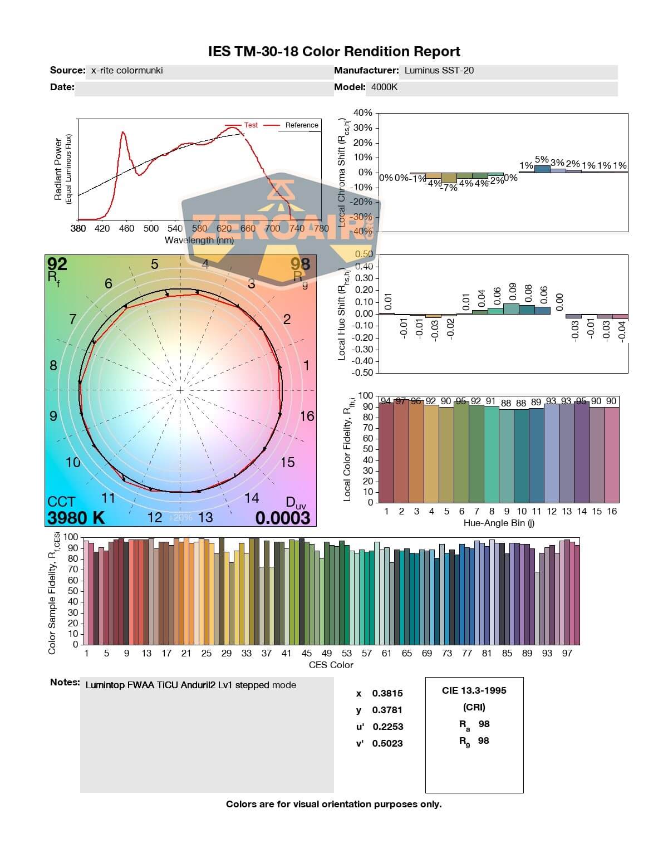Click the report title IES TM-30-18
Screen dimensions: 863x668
tap(334, 52)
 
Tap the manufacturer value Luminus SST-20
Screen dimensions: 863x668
tap(439, 71)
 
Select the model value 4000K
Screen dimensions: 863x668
tap(385, 87)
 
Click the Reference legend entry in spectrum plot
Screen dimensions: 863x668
tap(301, 125)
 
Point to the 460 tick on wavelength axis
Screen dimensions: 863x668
tap(126, 228)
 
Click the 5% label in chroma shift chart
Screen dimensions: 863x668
tap(542, 159)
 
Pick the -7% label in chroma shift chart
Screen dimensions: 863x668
tap(449, 188)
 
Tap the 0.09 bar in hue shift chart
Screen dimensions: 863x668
tap(511, 308)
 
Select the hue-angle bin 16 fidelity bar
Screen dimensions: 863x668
tap(611, 454)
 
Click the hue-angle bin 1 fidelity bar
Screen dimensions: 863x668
tap(386, 452)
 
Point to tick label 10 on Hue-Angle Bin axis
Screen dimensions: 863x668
tap(522, 511)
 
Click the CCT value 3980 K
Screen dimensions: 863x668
tap(76, 518)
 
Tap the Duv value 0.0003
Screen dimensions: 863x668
tap(282, 518)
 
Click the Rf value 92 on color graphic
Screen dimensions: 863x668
tap(57, 263)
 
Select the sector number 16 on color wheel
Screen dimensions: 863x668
tap(307, 416)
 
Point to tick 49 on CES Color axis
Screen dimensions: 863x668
tap(327, 653)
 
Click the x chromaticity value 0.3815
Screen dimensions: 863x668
tap(387, 693)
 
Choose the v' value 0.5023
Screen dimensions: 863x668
tap(387, 743)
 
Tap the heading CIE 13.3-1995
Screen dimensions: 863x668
tap(474, 690)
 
